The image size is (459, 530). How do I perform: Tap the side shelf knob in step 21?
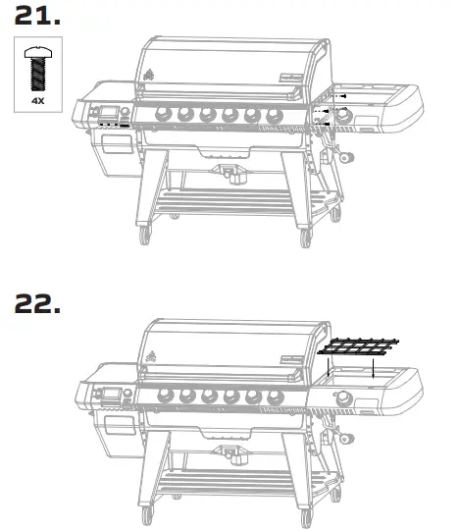click(x=345, y=117)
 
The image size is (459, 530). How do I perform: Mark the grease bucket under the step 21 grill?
click(x=231, y=176)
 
